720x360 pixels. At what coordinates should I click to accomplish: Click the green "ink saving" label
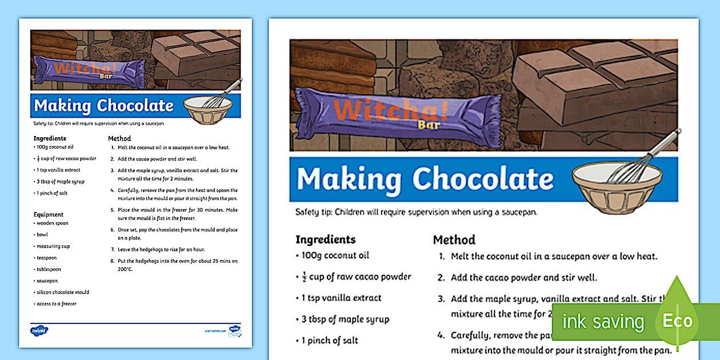click(x=602, y=322)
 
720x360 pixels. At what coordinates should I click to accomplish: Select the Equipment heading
click(x=49, y=214)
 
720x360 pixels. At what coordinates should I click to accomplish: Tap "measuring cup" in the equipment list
click(x=53, y=246)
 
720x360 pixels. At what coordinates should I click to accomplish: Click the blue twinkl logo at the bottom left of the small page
click(x=39, y=330)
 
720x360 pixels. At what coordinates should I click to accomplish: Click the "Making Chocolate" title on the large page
click(x=425, y=179)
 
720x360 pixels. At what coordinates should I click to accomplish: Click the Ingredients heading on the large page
click(x=325, y=239)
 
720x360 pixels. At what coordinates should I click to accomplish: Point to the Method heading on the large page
click(x=454, y=239)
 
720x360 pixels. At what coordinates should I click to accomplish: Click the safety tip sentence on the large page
click(x=416, y=212)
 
